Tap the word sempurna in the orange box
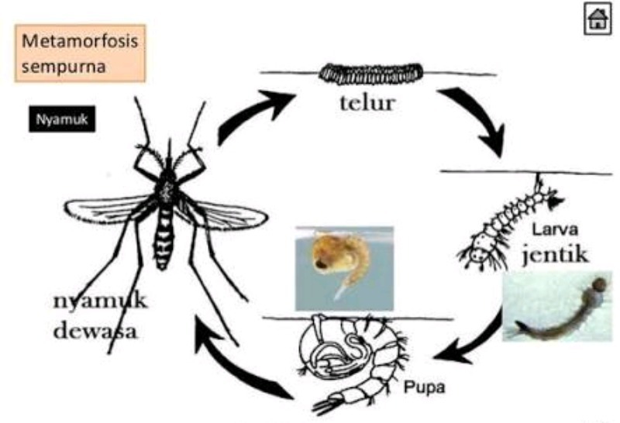[64, 65]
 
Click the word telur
[367, 104]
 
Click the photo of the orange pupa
[343, 267]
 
